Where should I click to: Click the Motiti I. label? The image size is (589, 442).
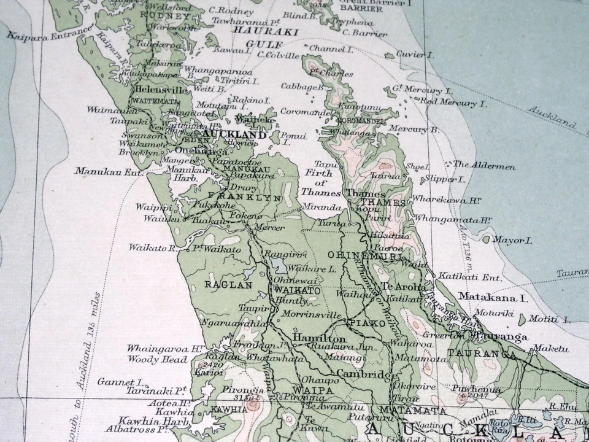(549, 320)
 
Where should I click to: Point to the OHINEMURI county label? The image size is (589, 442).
(356, 255)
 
